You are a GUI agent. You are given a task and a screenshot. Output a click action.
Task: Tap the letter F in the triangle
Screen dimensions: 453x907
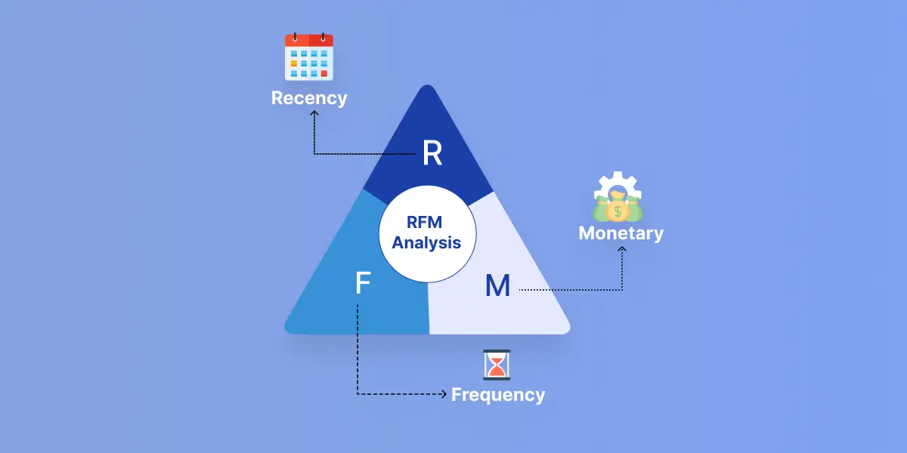[x=363, y=284]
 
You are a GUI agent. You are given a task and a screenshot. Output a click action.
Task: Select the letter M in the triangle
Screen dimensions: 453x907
[x=497, y=286]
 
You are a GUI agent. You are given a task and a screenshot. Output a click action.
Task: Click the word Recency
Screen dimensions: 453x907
[x=309, y=98]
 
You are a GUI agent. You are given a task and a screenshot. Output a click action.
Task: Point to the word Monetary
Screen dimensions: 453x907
[x=621, y=233]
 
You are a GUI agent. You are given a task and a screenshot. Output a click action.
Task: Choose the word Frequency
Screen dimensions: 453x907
[x=498, y=395]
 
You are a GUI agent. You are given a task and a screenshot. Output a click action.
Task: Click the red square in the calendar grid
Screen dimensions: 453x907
[x=323, y=73]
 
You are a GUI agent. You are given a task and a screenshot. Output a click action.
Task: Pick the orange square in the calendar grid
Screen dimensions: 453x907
[x=294, y=64]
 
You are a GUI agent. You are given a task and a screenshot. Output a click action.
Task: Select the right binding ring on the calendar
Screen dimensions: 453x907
[x=322, y=36]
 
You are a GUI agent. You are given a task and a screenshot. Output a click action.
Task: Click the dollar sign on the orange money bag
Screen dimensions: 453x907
[x=618, y=210]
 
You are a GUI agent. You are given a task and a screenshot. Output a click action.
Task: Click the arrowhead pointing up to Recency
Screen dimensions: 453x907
[x=314, y=115]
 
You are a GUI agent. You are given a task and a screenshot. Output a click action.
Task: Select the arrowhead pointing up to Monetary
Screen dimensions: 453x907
[x=621, y=251]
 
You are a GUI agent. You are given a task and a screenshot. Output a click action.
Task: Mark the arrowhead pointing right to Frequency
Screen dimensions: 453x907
[x=444, y=394]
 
